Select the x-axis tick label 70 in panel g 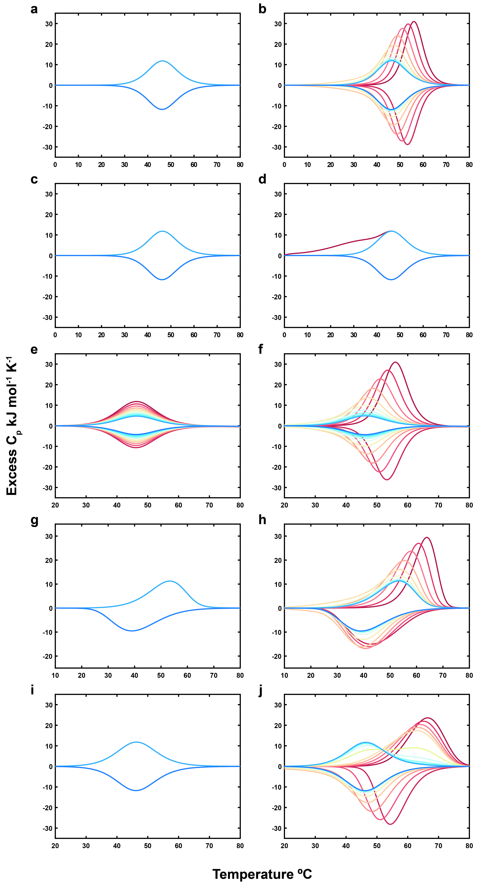214,675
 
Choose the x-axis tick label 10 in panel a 78,165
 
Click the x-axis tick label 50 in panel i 148,846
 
